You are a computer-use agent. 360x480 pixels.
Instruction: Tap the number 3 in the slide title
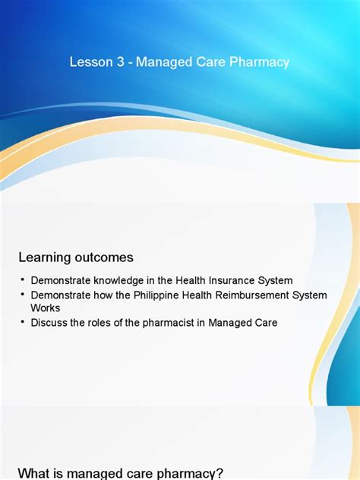point(121,62)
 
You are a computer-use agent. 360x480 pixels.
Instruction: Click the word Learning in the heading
point(45,257)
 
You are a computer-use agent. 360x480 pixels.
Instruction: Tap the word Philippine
point(161,295)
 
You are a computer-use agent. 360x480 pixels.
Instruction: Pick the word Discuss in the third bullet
point(49,323)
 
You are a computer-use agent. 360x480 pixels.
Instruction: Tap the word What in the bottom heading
point(34,473)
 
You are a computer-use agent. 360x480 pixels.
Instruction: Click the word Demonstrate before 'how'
point(62,295)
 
